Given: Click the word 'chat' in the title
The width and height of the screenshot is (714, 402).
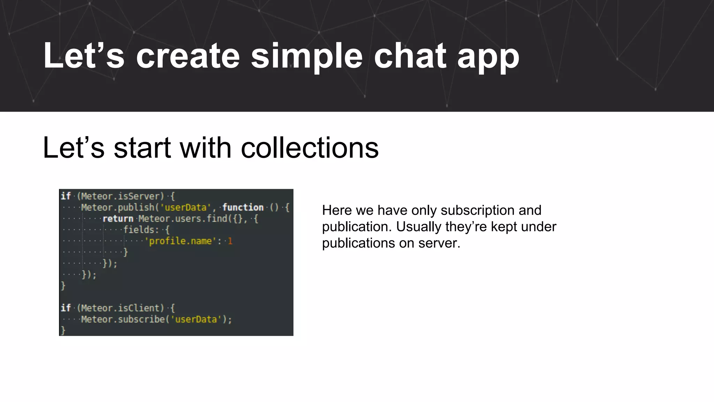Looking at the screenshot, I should (x=410, y=56).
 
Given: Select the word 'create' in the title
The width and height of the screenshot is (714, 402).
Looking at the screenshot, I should (x=188, y=56).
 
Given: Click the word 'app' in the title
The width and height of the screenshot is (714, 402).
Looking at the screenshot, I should (x=488, y=58).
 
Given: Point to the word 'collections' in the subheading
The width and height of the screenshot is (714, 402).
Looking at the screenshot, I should (x=310, y=148).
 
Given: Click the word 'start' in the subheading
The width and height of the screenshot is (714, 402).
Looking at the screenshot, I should (x=142, y=148).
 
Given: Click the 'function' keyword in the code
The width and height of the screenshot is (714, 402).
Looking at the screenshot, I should (x=243, y=207).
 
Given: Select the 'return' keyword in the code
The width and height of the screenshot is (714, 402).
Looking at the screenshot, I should (x=118, y=219).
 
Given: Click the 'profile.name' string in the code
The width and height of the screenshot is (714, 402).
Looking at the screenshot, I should (x=180, y=241).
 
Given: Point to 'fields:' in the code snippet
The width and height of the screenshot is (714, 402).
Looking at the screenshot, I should (x=141, y=230).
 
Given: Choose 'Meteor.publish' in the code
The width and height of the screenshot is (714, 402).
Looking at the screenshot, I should (x=117, y=207).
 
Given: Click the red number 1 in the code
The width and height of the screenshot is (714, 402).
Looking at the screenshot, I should (x=230, y=241).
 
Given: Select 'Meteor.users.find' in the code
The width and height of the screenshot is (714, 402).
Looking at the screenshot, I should (x=183, y=219).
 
